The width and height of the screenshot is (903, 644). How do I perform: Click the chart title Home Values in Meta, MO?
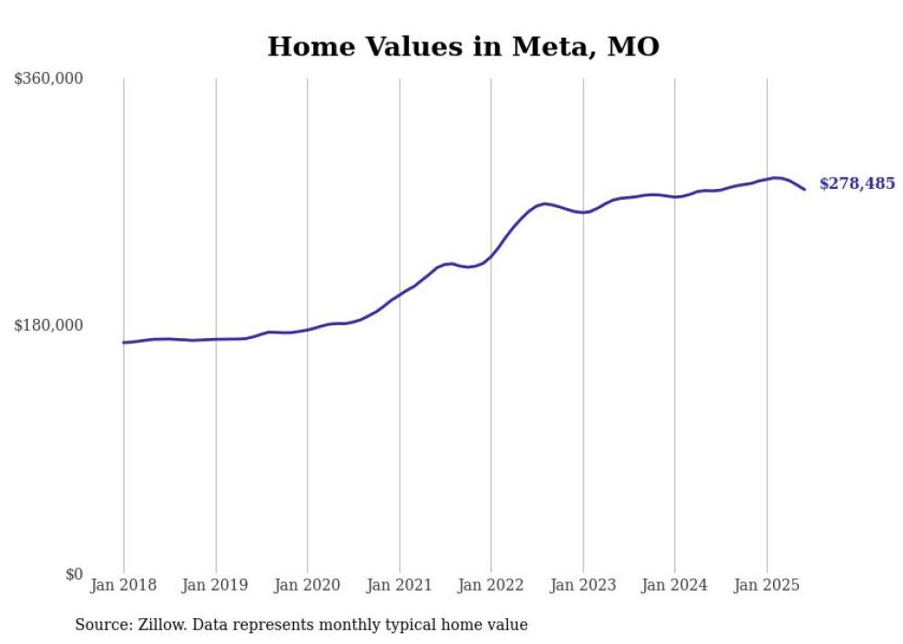(x=463, y=46)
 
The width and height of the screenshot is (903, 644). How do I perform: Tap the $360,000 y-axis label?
(x=48, y=78)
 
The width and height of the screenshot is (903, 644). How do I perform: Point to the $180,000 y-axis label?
(x=48, y=325)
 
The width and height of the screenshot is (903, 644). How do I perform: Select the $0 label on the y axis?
(x=74, y=574)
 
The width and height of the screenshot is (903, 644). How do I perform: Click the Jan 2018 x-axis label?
(x=123, y=585)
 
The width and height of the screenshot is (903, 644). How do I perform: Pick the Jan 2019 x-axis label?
(x=216, y=585)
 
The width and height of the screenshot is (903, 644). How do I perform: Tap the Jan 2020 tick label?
(x=307, y=585)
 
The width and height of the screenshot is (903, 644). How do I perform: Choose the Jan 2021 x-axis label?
(x=399, y=585)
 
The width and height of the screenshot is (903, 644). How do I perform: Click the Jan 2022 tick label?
(x=491, y=585)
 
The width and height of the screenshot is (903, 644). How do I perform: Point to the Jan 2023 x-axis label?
(x=582, y=585)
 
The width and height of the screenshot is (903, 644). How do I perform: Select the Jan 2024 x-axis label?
(x=674, y=585)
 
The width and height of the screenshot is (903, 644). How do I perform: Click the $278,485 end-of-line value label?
(x=856, y=183)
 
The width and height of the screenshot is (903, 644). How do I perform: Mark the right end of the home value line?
(x=804, y=190)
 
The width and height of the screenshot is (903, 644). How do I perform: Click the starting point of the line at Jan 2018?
(x=123, y=343)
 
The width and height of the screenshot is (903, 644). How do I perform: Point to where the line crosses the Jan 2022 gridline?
(x=491, y=255)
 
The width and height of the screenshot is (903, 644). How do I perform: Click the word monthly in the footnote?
(x=349, y=625)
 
